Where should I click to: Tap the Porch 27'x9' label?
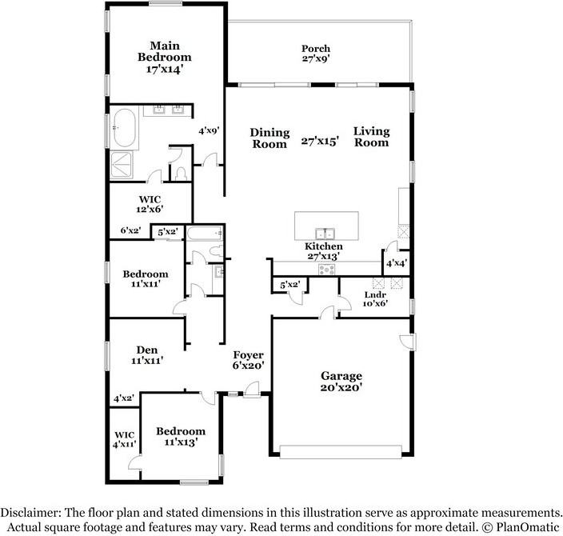click(x=315, y=54)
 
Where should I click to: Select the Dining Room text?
click(x=270, y=138)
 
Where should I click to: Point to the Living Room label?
click(x=371, y=137)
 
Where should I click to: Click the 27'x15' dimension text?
click(x=321, y=141)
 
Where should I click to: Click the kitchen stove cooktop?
click(x=326, y=269)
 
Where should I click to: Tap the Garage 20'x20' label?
click(x=342, y=382)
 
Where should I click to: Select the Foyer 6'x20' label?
click(x=248, y=361)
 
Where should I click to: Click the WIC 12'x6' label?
click(x=150, y=203)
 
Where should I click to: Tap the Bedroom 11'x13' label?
click(x=180, y=436)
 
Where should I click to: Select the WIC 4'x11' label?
click(x=124, y=439)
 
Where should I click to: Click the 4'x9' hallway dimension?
click(x=210, y=129)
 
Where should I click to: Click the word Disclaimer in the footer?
click(x=33, y=512)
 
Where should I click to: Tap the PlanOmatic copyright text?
click(x=521, y=527)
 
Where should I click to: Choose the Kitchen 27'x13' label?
click(x=324, y=251)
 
